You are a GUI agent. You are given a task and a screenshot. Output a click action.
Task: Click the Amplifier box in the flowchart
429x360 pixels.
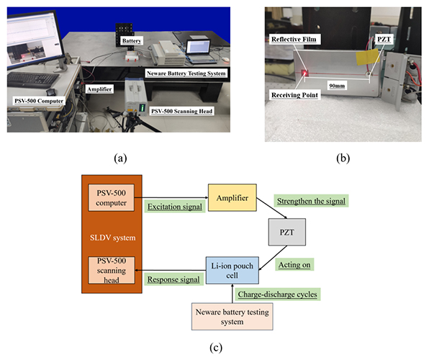point(231,195)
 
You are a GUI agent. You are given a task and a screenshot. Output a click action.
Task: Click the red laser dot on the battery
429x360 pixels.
point(304,73)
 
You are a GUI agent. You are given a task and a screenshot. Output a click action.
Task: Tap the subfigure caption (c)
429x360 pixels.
point(214,348)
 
